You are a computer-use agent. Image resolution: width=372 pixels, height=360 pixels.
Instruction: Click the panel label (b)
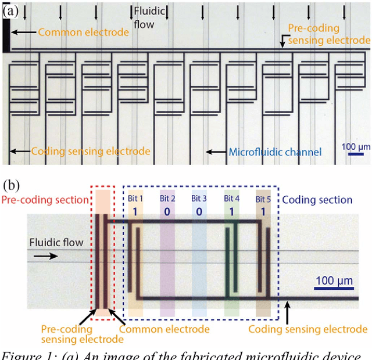click(12, 185)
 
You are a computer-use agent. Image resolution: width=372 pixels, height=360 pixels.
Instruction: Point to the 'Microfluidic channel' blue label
click(275, 153)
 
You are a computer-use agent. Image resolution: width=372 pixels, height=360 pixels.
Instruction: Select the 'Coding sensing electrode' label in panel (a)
click(90, 152)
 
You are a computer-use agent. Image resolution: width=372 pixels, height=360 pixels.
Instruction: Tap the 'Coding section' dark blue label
click(317, 200)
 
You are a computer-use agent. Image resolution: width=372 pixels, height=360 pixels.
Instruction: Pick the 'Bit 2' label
click(167, 199)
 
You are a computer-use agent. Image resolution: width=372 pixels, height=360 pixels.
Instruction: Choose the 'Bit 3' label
click(199, 199)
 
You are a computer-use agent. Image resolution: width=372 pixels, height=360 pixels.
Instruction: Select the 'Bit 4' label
click(231, 199)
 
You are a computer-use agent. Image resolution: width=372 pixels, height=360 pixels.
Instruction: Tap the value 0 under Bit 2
click(167, 211)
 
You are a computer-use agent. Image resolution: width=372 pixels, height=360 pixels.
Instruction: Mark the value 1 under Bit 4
click(231, 211)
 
